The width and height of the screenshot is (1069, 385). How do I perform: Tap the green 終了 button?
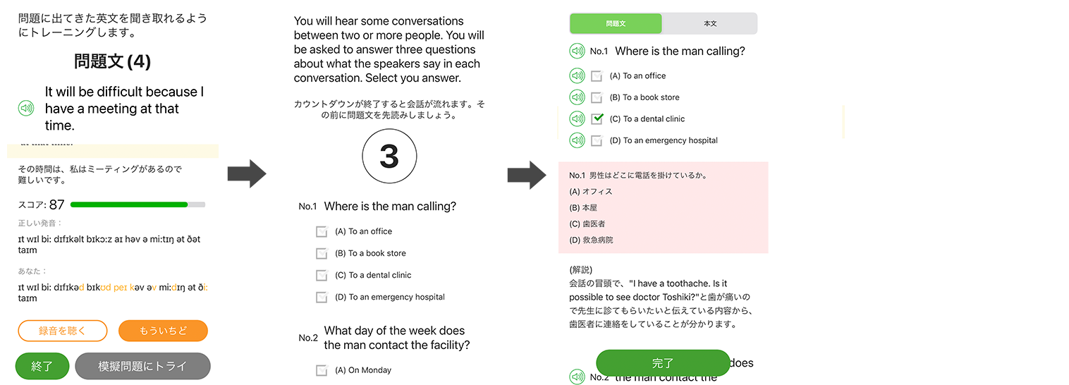[42, 366]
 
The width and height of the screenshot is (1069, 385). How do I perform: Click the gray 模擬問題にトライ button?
[142, 366]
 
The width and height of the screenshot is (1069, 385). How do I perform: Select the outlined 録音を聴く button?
[62, 331]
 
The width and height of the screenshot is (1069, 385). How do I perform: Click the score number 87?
[56, 205]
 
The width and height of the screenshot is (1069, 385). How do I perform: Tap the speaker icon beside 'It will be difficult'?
[26, 109]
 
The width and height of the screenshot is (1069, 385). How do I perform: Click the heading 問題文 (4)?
[112, 61]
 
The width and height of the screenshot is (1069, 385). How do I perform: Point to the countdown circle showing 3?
[389, 157]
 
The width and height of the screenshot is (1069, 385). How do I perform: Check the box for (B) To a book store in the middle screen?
[322, 253]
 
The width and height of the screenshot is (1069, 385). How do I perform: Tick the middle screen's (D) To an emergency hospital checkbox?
[322, 297]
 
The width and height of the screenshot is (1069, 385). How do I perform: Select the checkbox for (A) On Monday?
[322, 370]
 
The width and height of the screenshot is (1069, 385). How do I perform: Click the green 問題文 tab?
[616, 23]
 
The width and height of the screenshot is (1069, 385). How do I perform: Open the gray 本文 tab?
[710, 23]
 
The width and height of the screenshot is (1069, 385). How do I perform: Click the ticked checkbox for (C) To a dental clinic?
[597, 118]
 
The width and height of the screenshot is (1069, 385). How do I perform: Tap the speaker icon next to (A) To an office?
[577, 75]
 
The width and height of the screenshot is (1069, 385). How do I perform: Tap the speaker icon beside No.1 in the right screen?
[577, 51]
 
